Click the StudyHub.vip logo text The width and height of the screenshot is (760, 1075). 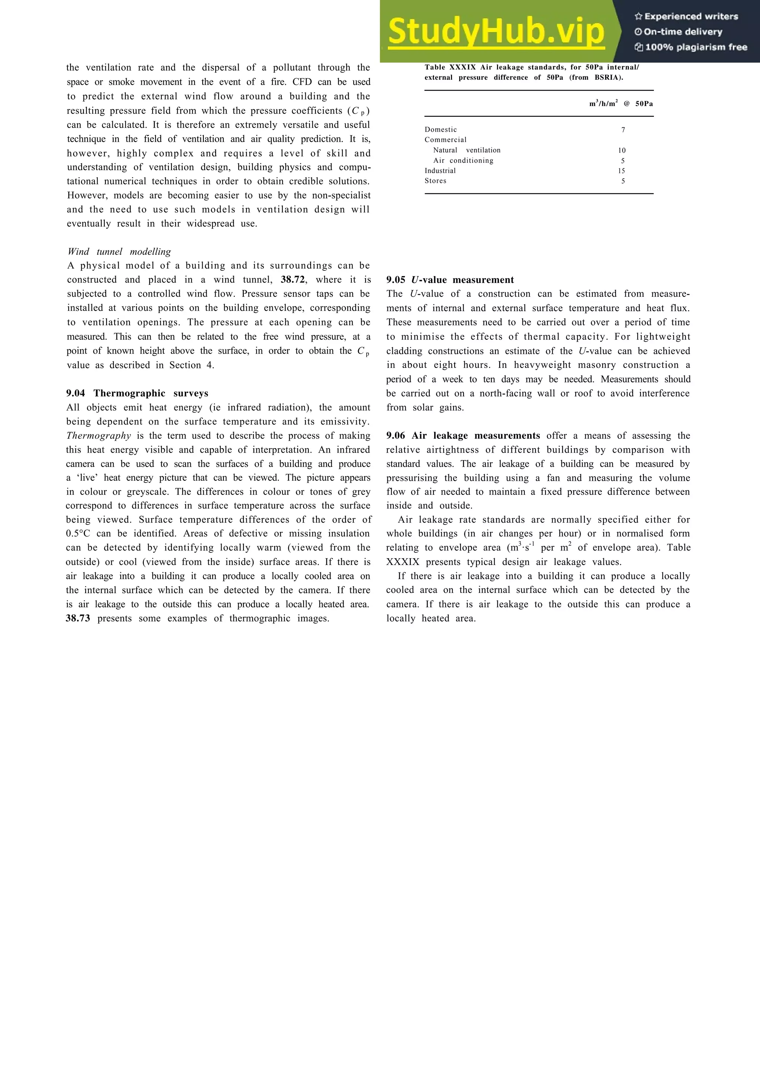pos(497,32)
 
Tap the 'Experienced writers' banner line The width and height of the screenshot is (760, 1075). pos(687,16)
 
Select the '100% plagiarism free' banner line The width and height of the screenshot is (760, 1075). pos(691,47)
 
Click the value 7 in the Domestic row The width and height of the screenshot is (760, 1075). pos(623,130)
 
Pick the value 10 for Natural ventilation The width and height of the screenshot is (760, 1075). pos(621,151)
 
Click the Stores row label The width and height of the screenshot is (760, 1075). pos(436,181)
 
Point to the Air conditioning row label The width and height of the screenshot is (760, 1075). pos(463,161)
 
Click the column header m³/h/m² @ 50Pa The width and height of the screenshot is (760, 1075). pos(620,104)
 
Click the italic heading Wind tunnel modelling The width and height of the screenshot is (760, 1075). pos(119,252)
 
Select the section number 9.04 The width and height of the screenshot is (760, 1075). pos(75,393)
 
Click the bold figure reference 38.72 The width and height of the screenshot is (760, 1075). pos(293,280)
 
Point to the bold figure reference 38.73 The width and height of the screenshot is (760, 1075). pos(78,618)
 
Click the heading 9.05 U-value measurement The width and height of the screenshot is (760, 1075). pos(449,280)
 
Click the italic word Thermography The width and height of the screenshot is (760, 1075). pos(99,436)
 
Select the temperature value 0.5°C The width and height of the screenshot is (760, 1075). pos(77,534)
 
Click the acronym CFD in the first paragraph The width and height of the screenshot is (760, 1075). pos(302,82)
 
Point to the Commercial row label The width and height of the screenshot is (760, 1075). pos(445,140)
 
